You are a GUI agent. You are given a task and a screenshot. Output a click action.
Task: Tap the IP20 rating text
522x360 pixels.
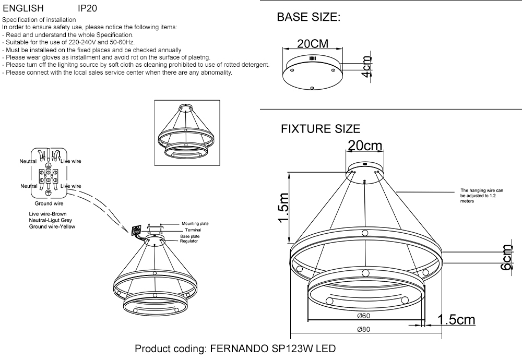tap(87, 9)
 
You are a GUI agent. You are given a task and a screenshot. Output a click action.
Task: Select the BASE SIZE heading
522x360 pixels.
tap(309, 17)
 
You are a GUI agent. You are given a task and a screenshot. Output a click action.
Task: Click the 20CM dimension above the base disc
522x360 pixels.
tap(312, 44)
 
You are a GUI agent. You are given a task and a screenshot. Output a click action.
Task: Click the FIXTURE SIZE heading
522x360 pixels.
tap(321, 129)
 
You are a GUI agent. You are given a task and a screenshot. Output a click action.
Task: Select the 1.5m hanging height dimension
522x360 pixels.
tap(283, 208)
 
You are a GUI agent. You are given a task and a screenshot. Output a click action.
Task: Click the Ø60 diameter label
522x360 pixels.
tap(364, 316)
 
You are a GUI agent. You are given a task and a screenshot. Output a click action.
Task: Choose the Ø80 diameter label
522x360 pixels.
tap(364, 329)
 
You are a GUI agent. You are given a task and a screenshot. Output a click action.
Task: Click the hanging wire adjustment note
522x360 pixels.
tap(481, 196)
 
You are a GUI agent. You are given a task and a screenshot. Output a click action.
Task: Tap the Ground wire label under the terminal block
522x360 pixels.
tap(49, 203)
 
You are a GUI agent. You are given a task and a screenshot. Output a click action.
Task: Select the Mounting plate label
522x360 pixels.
tap(195, 223)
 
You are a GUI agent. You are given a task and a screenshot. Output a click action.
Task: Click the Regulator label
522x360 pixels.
tap(188, 242)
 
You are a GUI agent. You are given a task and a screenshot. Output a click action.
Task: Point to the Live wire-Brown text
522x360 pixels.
tap(48, 214)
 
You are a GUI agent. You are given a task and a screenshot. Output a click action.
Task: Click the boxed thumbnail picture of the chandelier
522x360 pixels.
tap(185, 133)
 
